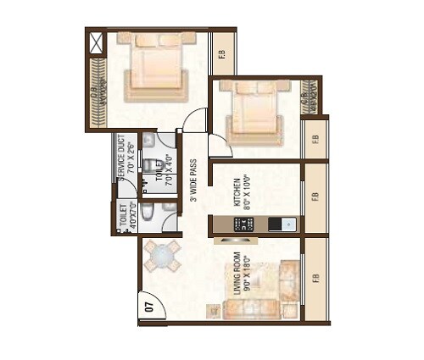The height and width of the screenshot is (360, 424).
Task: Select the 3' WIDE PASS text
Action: pyautogui.click(x=194, y=180)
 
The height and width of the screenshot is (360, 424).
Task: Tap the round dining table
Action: pyautogui.click(x=161, y=255)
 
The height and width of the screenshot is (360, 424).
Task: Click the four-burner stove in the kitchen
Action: pyautogui.click(x=243, y=224)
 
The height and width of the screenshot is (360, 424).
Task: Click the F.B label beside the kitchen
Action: pyautogui.click(x=315, y=197)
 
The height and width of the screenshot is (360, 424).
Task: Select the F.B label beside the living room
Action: pyautogui.click(x=315, y=278)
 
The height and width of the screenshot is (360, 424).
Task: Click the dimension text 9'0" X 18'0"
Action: pyautogui.click(x=248, y=272)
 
